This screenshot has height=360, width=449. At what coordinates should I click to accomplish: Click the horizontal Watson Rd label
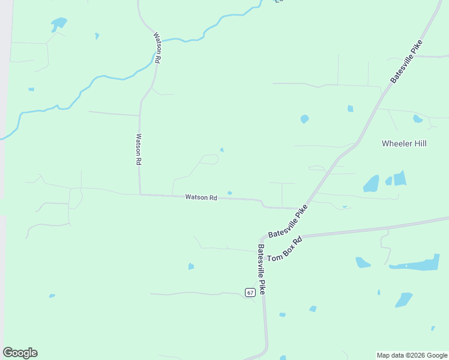[200, 197]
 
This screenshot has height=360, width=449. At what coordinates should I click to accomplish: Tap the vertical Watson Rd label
[139, 149]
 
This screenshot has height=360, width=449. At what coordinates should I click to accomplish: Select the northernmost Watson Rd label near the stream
[157, 47]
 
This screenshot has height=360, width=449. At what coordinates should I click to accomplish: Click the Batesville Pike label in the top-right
[406, 61]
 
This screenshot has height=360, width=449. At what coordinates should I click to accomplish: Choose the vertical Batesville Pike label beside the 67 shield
[262, 268]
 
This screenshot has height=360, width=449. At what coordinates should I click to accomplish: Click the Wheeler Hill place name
[404, 143]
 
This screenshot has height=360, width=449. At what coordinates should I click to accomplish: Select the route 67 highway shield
[250, 292]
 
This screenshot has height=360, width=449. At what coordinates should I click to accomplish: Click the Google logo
[20, 353]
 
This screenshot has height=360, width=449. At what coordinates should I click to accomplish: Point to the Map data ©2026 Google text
[412, 355]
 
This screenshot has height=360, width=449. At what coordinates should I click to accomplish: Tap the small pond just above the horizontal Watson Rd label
[230, 193]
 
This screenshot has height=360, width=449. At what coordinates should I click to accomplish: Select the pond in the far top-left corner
[59, 23]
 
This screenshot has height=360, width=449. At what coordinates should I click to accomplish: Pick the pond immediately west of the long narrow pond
[363, 262]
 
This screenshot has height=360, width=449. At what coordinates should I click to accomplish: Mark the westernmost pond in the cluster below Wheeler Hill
[371, 184]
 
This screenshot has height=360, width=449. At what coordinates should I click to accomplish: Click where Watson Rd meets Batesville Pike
[299, 209]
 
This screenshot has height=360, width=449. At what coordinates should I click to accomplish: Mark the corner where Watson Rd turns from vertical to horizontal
[140, 194]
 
